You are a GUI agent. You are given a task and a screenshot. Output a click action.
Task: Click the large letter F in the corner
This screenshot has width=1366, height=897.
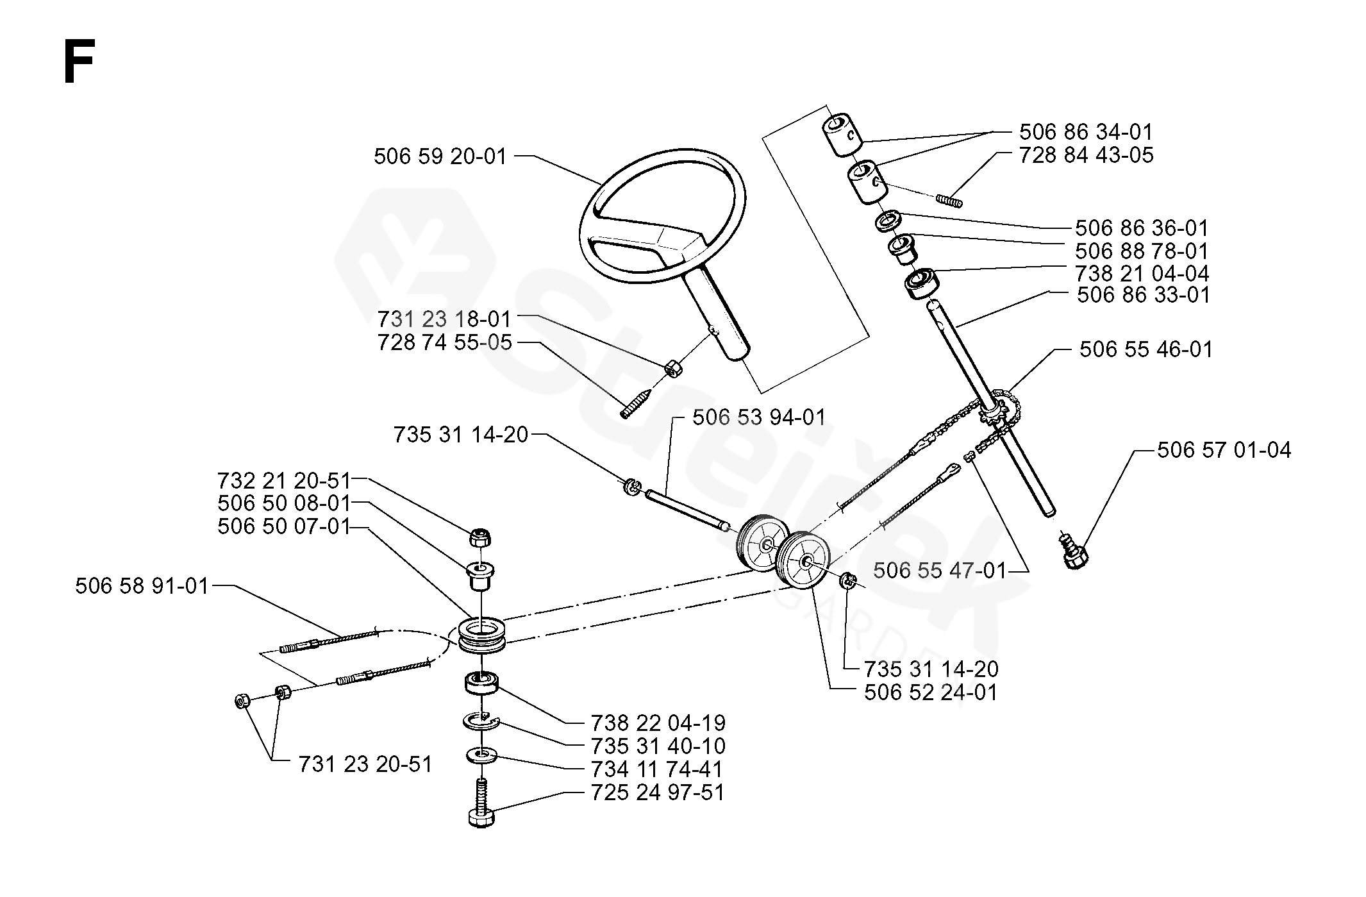[x=79, y=62]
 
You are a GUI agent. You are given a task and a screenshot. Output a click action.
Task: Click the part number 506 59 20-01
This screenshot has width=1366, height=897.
[x=440, y=156]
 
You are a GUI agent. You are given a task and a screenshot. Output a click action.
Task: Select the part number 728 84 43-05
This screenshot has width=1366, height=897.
[x=1086, y=155]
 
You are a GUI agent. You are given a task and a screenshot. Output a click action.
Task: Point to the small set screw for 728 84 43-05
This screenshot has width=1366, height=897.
[x=949, y=201]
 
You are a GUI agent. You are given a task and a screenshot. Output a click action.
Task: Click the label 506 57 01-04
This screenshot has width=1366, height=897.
[x=1224, y=450]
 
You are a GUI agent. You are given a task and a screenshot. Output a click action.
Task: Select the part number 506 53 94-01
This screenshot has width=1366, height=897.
[x=759, y=417]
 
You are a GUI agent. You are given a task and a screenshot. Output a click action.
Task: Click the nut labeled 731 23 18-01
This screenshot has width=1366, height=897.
[x=672, y=370]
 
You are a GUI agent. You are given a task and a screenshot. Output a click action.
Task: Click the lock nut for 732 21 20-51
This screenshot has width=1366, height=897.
[x=480, y=537]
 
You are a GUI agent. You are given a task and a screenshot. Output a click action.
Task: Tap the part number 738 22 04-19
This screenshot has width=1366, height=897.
[x=658, y=723]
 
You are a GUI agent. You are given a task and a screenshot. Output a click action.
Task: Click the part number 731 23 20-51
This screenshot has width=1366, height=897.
[x=365, y=764]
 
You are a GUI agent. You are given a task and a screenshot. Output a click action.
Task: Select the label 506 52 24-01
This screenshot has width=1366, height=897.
[x=931, y=692]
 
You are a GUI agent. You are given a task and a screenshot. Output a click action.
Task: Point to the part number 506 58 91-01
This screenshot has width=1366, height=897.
[x=142, y=586]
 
